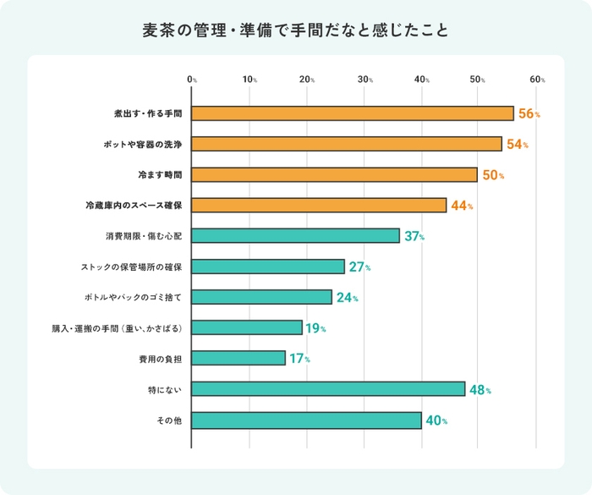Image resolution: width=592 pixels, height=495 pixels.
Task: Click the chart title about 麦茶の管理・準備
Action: tap(295, 30)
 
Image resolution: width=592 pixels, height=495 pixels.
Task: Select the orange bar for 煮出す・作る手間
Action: tap(353, 113)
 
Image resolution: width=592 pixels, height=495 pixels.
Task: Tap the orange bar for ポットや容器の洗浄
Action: tap(347, 144)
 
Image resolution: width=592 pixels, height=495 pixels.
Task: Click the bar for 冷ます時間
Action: tap(335, 174)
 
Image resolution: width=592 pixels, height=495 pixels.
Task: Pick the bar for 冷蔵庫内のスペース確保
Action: tap(319, 205)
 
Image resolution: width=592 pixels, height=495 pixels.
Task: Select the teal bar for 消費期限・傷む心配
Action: tap(296, 236)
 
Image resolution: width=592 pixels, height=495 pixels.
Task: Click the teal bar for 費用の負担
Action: tap(238, 358)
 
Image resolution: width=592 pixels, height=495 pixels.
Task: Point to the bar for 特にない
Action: tap(328, 389)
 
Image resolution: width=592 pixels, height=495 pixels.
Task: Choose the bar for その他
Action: tap(307, 420)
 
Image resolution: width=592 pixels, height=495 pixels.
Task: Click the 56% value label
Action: tap(529, 114)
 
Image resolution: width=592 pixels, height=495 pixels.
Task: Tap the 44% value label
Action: tap(462, 206)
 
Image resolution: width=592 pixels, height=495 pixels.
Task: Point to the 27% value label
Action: tap(359, 267)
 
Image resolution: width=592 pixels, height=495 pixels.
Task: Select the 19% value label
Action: tap(315, 328)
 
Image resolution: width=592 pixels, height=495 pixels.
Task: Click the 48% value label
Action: tap(480, 390)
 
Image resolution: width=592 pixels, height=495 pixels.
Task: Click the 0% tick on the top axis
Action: tap(192, 80)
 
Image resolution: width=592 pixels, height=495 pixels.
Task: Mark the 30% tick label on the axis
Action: tap(365, 80)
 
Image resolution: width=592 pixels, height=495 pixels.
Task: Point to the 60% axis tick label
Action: tap(537, 80)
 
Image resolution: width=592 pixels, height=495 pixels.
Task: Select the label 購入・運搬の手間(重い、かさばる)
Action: tap(118, 327)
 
